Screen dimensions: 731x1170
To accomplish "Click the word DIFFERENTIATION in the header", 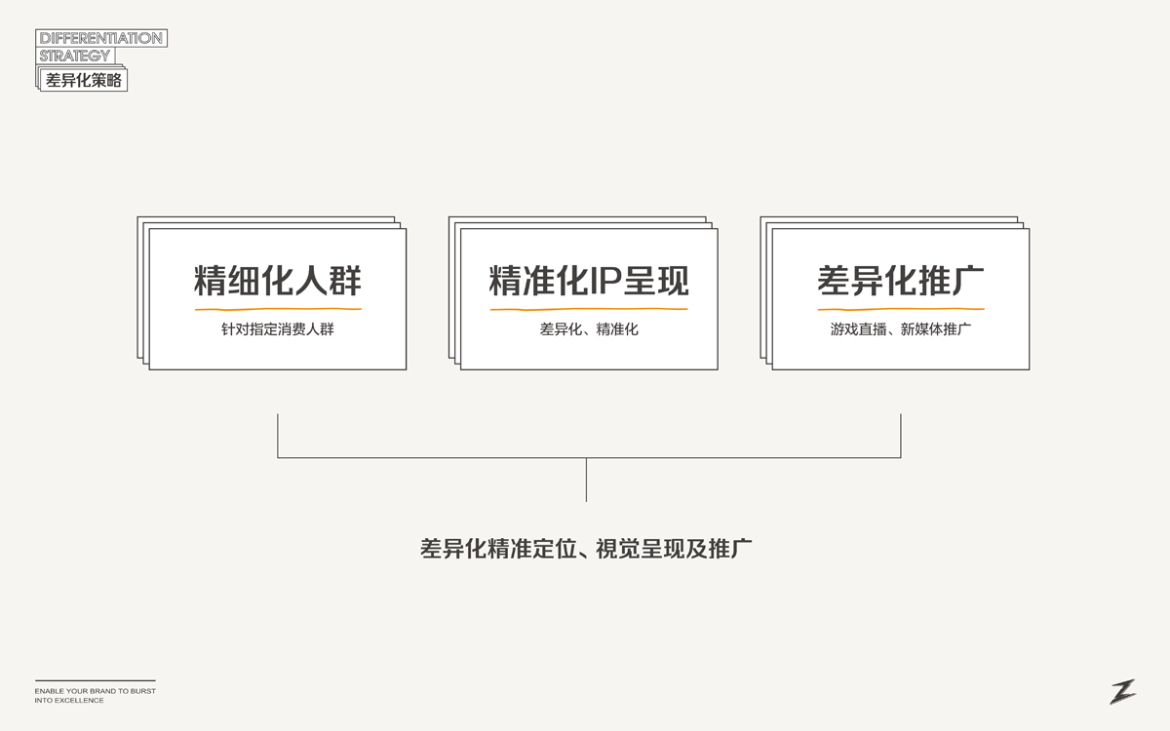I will coord(100,39).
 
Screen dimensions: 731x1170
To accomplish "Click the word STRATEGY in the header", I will coord(75,56).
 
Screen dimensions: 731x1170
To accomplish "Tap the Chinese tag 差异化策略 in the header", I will coord(84,81).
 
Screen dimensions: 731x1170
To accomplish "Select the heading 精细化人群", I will coord(278,281).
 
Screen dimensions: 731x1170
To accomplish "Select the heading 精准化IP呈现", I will coord(589,281).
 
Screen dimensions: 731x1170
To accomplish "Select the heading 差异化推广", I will coord(900,281).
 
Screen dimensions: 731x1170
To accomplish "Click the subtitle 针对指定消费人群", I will coord(278,329).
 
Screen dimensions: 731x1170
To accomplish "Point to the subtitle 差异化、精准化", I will coord(589,329).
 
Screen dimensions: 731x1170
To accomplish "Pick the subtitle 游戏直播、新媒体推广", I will coord(900,329).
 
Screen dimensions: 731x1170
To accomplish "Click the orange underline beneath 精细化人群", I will coord(278,310).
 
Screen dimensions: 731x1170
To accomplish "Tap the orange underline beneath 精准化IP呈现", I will coord(589,310).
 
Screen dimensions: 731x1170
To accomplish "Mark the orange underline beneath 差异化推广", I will coord(900,310).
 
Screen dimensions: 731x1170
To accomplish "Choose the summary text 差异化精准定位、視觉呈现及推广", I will coord(586,548).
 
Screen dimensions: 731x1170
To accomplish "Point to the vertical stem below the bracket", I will coord(586,480).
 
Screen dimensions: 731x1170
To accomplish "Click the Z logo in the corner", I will coord(1122,691).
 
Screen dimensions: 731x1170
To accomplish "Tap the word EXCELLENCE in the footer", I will coord(80,701).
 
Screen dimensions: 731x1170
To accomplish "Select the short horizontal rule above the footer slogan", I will coord(95,680).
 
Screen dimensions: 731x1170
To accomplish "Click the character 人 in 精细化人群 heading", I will coord(312,281).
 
